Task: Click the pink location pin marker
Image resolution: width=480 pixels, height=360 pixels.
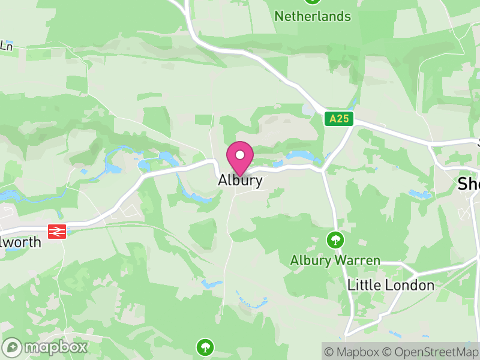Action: tap(240, 158)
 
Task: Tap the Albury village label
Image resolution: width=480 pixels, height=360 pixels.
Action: tap(240, 180)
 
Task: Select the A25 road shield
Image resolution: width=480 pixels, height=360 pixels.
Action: tap(338, 118)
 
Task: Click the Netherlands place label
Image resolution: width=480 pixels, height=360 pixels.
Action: tap(313, 16)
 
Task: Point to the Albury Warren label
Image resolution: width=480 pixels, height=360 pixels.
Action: tap(335, 260)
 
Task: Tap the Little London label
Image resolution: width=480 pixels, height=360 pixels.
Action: tap(391, 285)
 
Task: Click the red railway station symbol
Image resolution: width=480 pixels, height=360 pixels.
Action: tap(57, 231)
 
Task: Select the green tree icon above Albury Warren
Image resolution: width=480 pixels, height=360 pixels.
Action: tap(335, 240)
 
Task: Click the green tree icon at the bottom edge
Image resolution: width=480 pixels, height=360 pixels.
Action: tap(205, 346)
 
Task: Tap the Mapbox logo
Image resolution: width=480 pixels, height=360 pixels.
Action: tap(46, 347)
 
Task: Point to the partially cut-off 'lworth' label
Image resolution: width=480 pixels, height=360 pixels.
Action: tap(21, 242)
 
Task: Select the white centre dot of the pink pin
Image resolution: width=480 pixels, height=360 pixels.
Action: tap(240, 155)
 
